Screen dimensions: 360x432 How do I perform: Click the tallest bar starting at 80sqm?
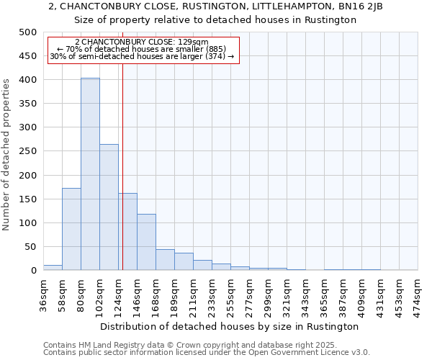click(90, 174)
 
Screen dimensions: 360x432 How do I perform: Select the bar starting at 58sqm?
click(71, 229)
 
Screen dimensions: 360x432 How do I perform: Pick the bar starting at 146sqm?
click(146, 242)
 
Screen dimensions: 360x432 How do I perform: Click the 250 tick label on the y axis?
click(27, 151)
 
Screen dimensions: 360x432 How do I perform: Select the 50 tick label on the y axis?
click(30, 247)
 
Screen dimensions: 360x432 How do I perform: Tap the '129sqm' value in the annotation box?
click(194, 42)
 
